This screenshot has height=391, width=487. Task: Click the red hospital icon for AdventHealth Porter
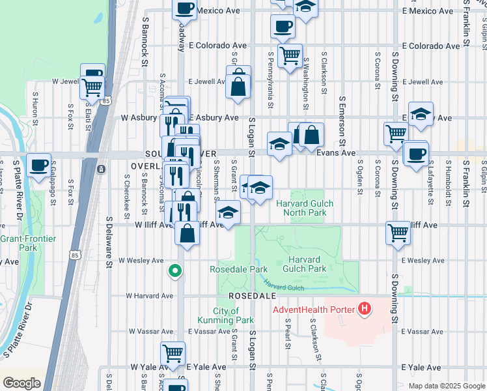[x=365, y=309]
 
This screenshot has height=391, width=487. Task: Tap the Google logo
[x=21, y=383]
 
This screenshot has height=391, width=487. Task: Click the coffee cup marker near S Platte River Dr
[x=39, y=164]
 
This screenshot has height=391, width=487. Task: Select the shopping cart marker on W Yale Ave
[x=173, y=354]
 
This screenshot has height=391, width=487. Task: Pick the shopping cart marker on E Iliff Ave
[x=398, y=232]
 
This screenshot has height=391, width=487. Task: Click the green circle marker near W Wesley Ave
[x=174, y=270]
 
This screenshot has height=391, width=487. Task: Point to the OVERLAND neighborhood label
[x=150, y=166]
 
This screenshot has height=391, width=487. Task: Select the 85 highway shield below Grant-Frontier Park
[x=70, y=239]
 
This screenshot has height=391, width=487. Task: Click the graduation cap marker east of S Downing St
[x=421, y=114]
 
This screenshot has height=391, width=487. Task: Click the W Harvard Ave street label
[x=149, y=295]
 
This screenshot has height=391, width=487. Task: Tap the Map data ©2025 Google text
[x=446, y=386]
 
